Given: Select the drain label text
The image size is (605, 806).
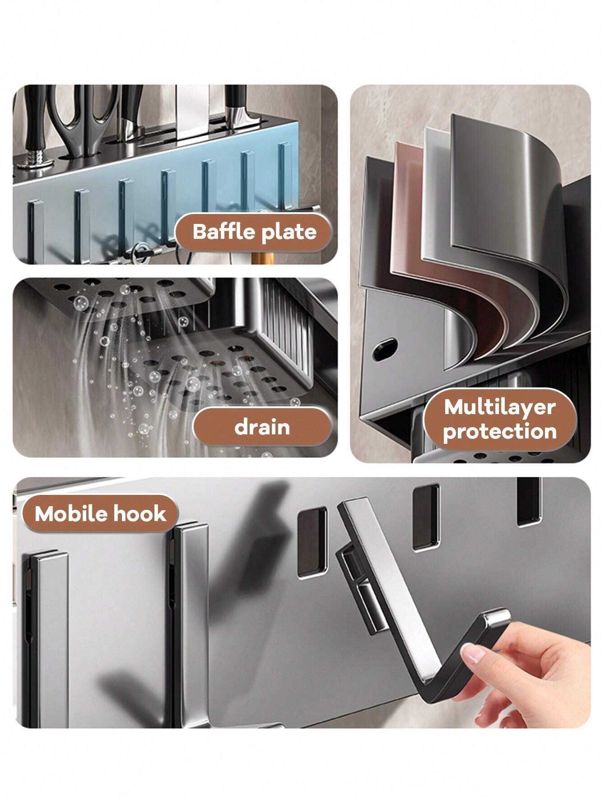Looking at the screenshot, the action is (262, 427).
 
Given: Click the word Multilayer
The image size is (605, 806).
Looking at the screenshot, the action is (499, 407).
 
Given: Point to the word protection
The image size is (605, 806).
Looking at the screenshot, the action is (499, 432).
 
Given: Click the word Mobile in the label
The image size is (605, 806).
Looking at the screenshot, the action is (69, 514).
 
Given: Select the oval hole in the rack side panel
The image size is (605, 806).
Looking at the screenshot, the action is (385, 349).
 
